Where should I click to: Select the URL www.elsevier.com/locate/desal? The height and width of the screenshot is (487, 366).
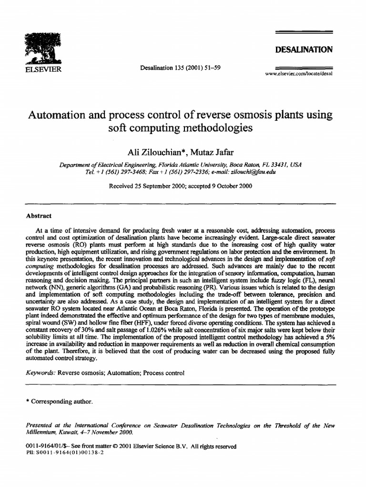(301, 74)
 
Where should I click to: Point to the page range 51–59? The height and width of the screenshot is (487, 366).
(208, 68)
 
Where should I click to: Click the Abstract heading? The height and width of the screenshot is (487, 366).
(39, 215)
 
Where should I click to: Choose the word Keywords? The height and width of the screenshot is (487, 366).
(40, 373)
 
